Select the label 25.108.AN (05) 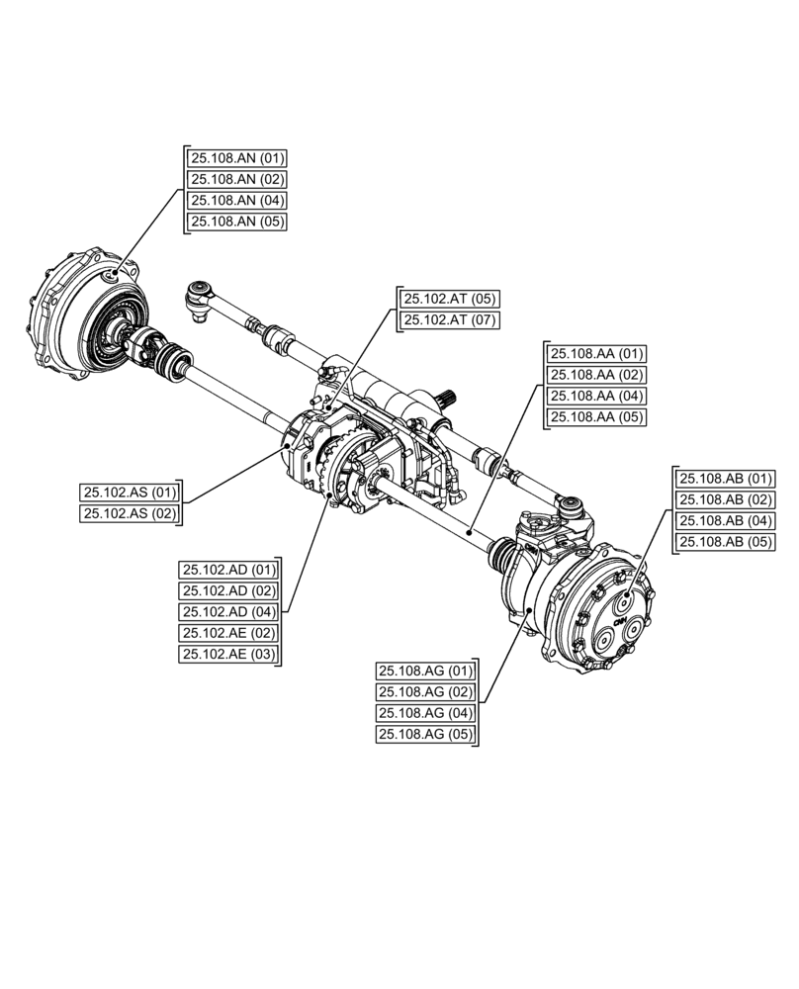[237, 222]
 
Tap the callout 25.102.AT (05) [450, 299]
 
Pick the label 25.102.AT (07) [450, 320]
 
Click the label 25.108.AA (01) [597, 353]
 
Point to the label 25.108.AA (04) [597, 396]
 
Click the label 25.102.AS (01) [130, 492]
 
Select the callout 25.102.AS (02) [130, 513]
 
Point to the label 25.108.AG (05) [425, 735]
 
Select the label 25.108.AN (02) [237, 179]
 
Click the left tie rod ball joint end [201, 293]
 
